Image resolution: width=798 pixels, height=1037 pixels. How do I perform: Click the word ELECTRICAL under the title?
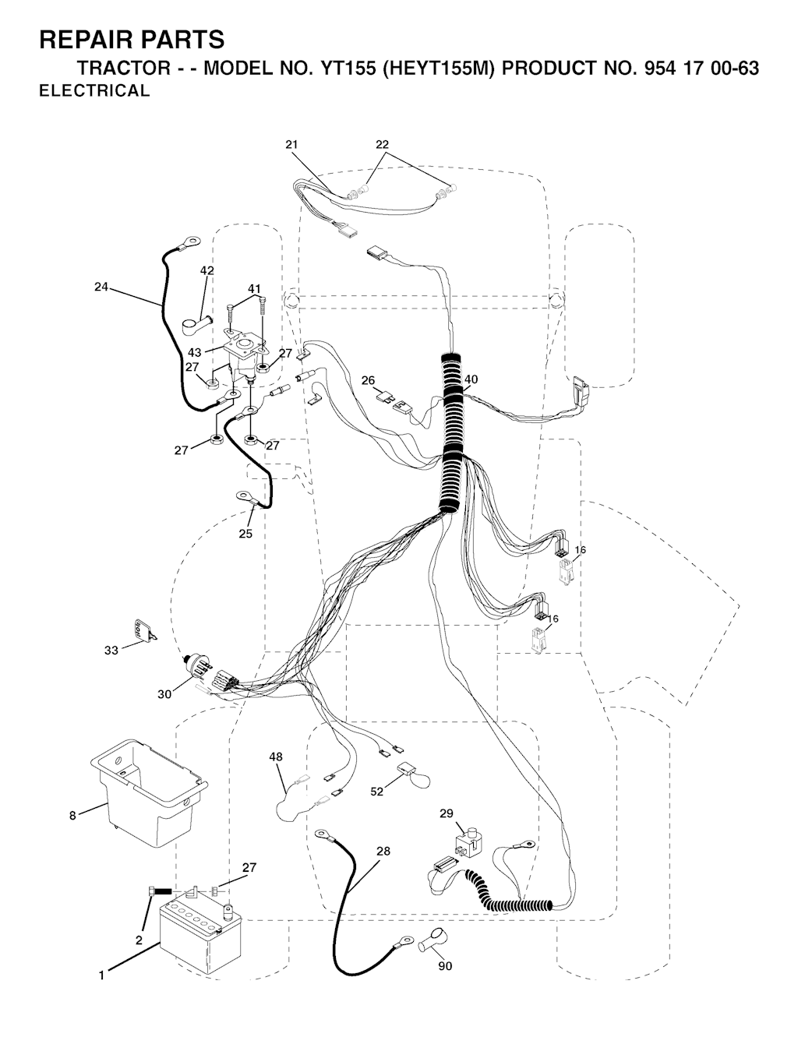(94, 90)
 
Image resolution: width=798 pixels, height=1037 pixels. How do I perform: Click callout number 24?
(101, 287)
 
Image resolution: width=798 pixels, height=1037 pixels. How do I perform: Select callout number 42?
(207, 270)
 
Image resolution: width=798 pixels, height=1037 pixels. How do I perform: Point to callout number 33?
(111, 650)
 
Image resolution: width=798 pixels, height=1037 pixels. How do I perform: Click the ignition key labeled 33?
(145, 631)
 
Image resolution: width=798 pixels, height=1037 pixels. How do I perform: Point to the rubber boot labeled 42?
(196, 326)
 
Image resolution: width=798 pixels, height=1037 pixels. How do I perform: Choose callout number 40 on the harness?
(471, 379)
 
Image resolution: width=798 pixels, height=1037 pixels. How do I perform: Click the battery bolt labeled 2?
(160, 891)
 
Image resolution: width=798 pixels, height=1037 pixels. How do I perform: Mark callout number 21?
(291, 145)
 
